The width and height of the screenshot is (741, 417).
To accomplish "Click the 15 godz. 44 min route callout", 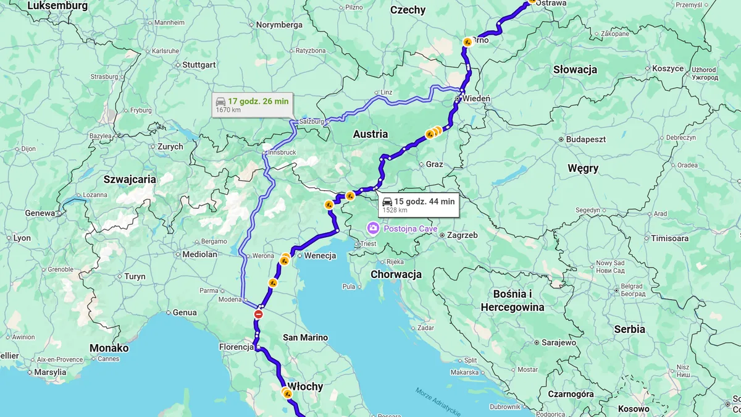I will pyautogui.click(x=419, y=204).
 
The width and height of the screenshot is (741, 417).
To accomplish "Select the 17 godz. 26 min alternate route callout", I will pyautogui.click(x=251, y=104).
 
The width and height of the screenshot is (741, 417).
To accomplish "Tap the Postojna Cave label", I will pyautogui.click(x=410, y=229).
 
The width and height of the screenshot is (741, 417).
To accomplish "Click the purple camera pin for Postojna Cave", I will pyautogui.click(x=373, y=229).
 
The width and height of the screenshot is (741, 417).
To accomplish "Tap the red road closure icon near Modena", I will pyautogui.click(x=259, y=314).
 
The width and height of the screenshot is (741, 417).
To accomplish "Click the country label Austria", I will pyautogui.click(x=371, y=134).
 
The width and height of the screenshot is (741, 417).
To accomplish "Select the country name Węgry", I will pyautogui.click(x=583, y=168).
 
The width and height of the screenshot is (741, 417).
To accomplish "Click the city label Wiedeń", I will pyautogui.click(x=476, y=99).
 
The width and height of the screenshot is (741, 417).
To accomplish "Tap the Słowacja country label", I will pyautogui.click(x=575, y=69).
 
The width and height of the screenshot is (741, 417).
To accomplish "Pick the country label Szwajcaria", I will pyautogui.click(x=130, y=179).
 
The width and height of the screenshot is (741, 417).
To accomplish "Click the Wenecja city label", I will pyautogui.click(x=320, y=256).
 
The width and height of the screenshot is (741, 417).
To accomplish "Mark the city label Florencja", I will pyautogui.click(x=237, y=347).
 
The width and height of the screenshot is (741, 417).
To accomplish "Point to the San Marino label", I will pyautogui.click(x=305, y=337).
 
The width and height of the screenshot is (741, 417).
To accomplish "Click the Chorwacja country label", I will pyautogui.click(x=396, y=274).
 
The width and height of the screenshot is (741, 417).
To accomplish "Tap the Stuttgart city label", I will pyautogui.click(x=198, y=65).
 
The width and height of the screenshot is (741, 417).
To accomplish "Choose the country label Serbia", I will pyautogui.click(x=629, y=329).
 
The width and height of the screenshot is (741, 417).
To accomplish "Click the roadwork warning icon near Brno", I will pyautogui.click(x=468, y=42).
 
